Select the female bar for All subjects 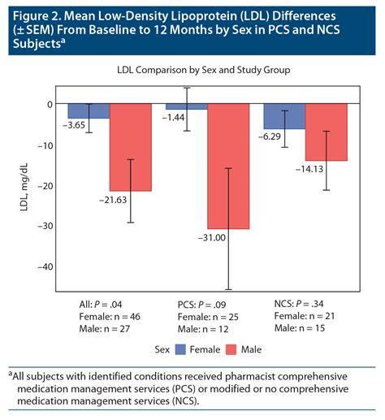point(89,111)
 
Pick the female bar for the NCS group point(283,116)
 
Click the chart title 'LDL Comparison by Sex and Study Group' point(192,71)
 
